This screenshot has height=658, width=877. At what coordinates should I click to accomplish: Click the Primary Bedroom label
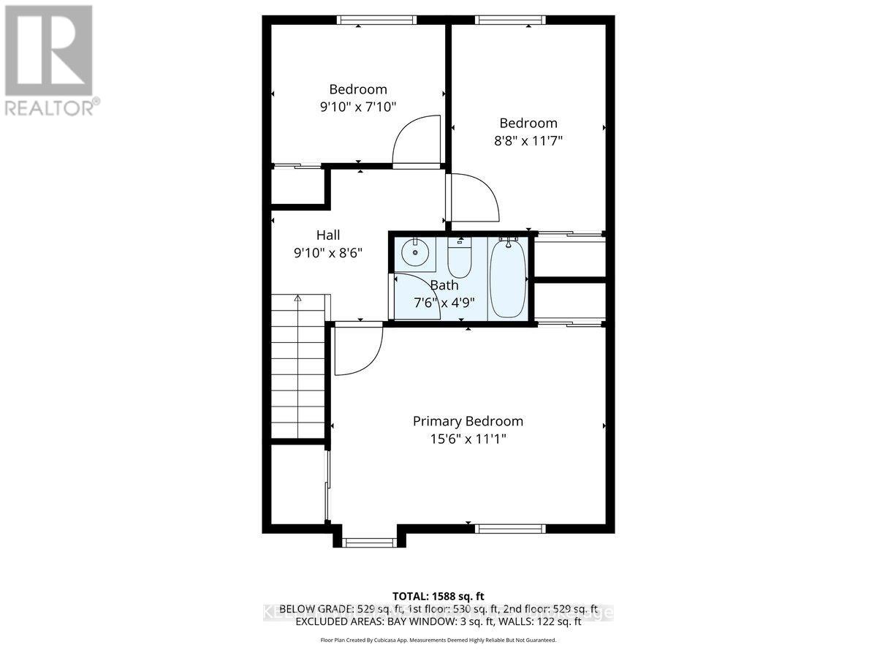coord(468,421)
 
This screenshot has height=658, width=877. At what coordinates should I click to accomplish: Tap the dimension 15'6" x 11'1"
coord(468,439)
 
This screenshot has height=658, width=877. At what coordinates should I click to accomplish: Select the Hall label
coord(328,235)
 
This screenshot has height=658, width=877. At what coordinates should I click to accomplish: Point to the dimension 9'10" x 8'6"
coord(328,253)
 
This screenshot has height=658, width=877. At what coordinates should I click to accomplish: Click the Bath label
coord(444,285)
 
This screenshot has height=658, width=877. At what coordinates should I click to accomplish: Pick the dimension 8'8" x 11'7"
coord(528,140)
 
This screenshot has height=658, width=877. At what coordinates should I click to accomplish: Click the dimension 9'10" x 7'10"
coord(358,107)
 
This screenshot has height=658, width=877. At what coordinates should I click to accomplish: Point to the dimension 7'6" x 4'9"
coord(444,303)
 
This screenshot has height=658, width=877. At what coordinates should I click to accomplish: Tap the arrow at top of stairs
coord(297,298)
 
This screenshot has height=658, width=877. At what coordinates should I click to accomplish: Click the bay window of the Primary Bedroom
coord(370,542)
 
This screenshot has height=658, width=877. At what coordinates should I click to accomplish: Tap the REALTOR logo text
coord(51,107)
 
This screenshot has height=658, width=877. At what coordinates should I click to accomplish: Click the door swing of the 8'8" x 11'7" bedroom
coord(474,197)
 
